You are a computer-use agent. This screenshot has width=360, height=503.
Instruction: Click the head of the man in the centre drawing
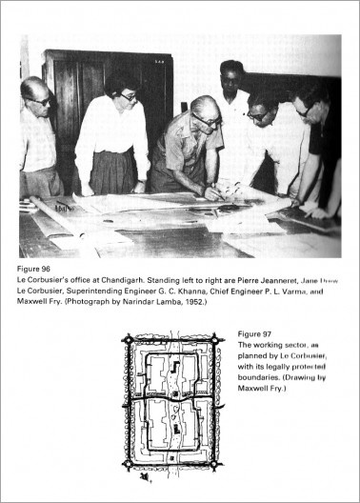click(x=204, y=111)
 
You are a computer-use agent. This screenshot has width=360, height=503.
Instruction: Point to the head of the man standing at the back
click(x=231, y=76)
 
